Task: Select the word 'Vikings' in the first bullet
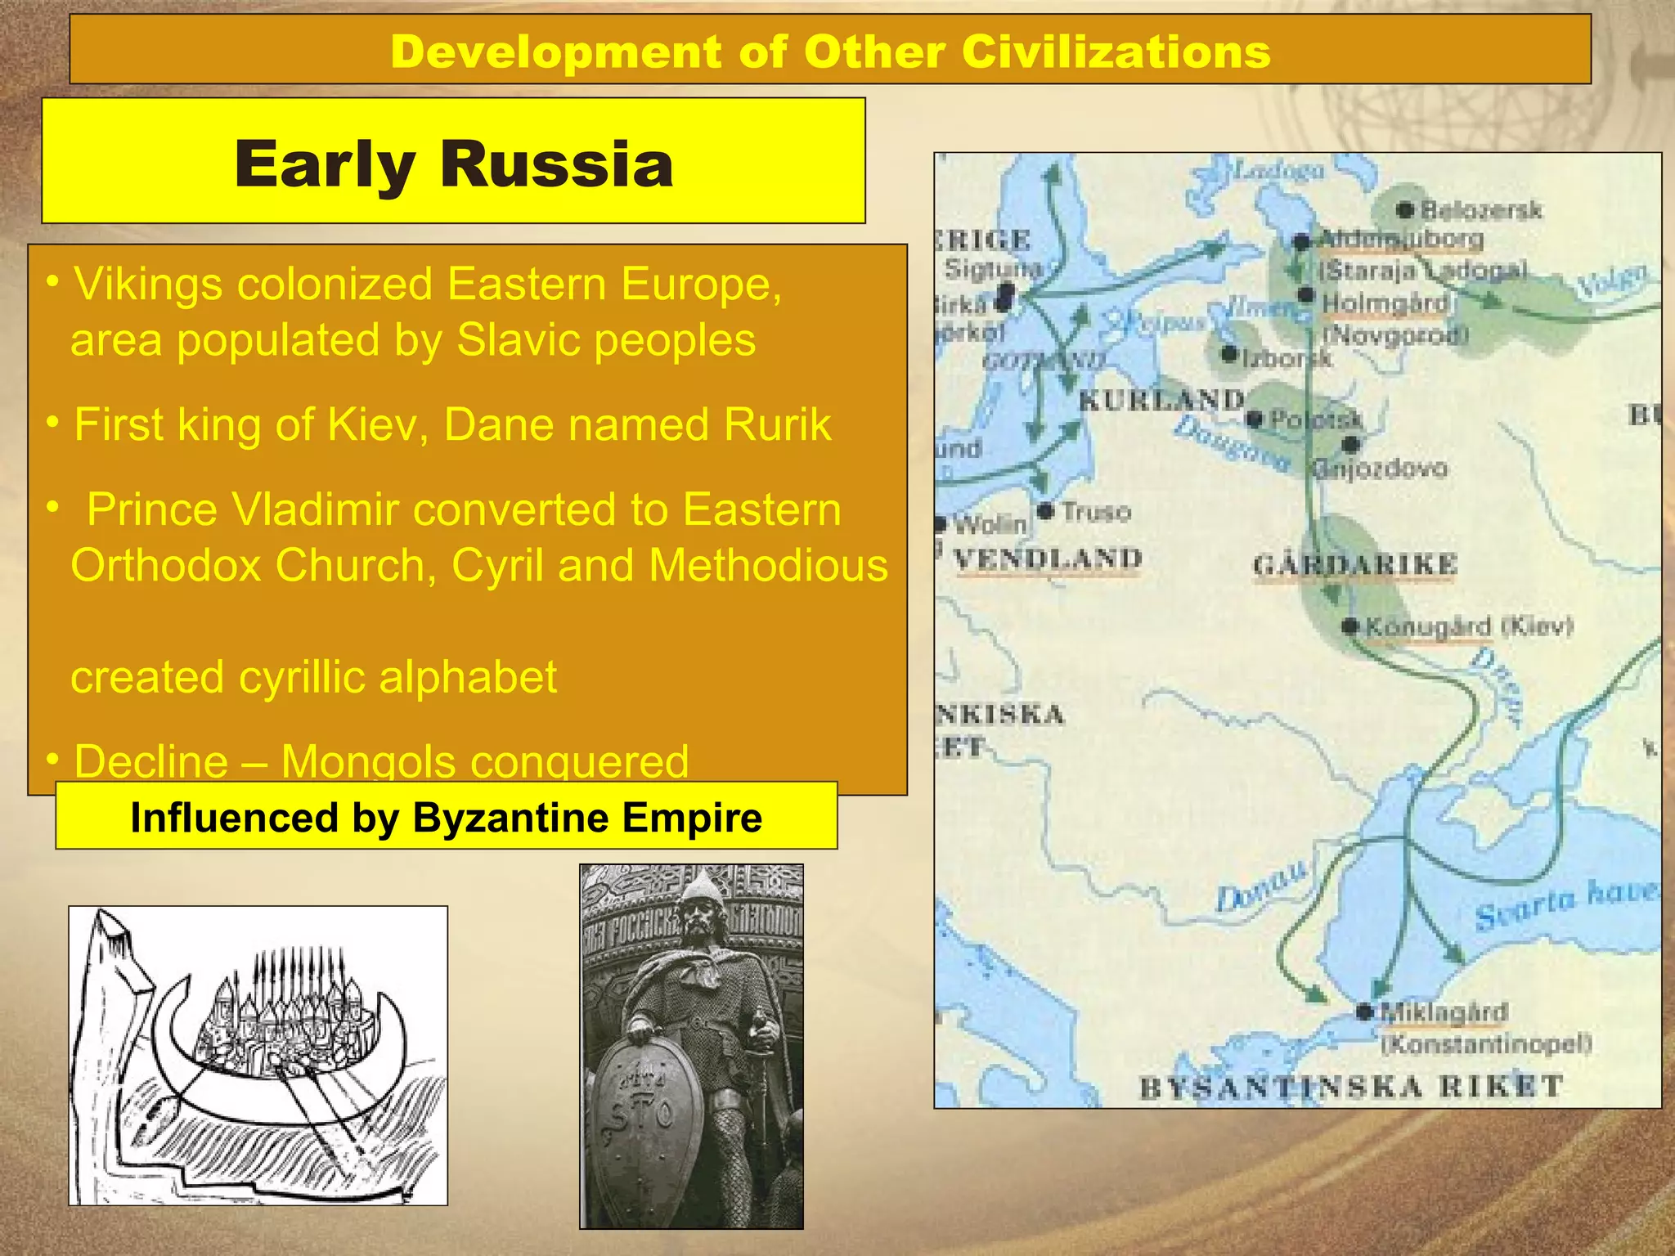click(x=148, y=285)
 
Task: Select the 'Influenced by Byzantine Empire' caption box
click(x=447, y=817)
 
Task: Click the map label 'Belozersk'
click(x=1480, y=210)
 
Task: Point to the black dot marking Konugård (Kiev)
click(x=1349, y=627)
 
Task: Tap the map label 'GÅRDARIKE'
click(x=1354, y=564)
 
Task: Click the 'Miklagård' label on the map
click(x=1444, y=1012)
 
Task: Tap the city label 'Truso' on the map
click(x=1096, y=513)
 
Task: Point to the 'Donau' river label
click(x=1260, y=887)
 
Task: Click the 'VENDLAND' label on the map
click(x=1049, y=559)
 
